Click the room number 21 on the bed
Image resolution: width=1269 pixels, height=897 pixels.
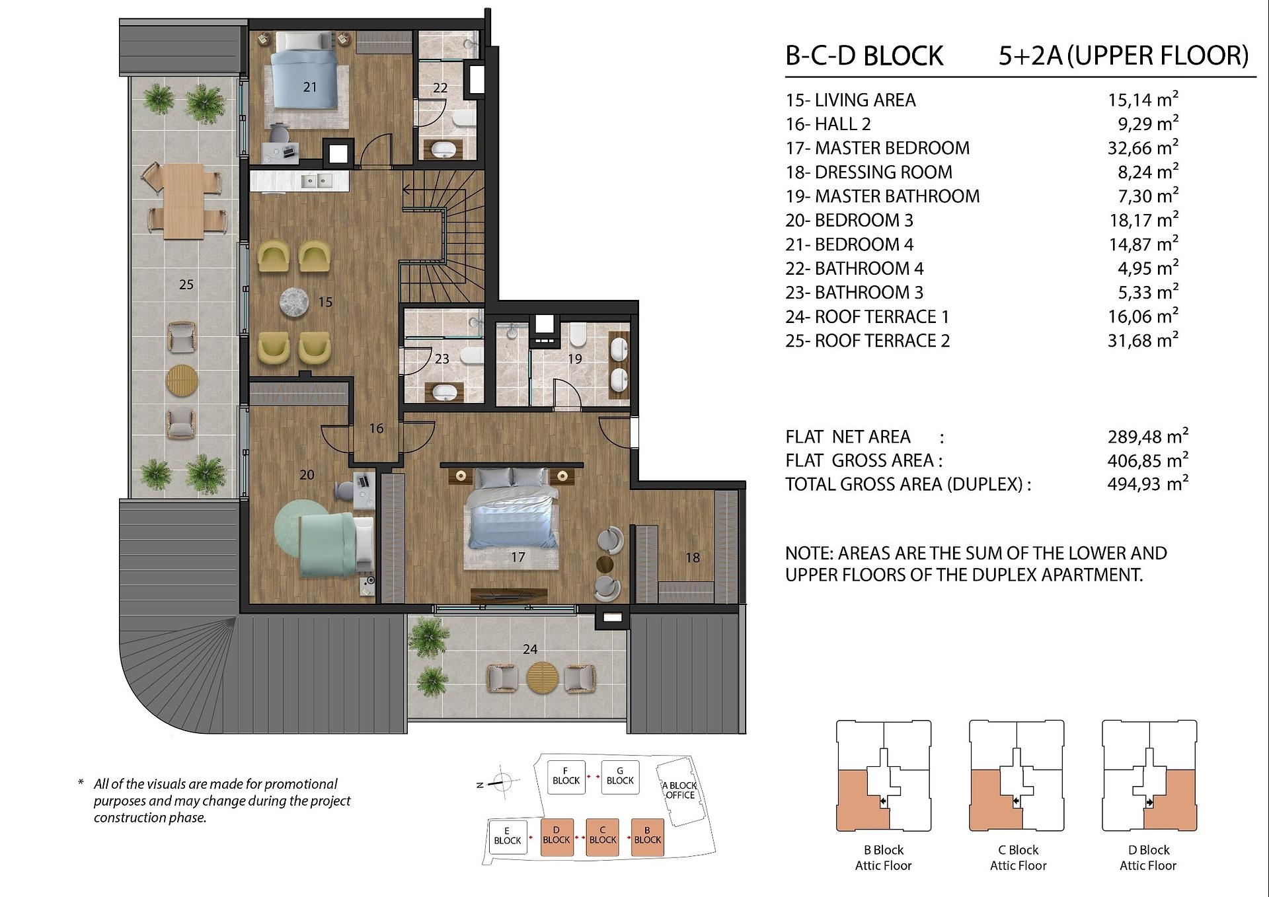click(x=310, y=87)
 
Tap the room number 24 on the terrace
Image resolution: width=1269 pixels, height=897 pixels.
click(x=530, y=649)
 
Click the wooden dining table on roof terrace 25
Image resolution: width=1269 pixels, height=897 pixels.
click(x=183, y=200)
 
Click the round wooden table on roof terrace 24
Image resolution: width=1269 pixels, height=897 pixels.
click(x=543, y=678)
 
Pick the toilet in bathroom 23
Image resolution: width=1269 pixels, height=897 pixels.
click(x=471, y=357)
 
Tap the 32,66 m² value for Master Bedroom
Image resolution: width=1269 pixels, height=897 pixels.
click(x=1143, y=147)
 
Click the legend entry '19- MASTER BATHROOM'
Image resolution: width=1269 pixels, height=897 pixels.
click(x=882, y=196)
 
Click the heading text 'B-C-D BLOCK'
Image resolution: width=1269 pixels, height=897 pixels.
click(x=864, y=56)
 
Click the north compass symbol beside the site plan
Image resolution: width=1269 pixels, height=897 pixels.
click(x=501, y=783)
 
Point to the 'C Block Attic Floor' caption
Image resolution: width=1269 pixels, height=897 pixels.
click(x=1018, y=857)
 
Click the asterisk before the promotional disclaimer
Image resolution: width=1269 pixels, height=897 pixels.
click(x=81, y=783)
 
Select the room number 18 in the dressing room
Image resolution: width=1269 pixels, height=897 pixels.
click(x=692, y=557)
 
